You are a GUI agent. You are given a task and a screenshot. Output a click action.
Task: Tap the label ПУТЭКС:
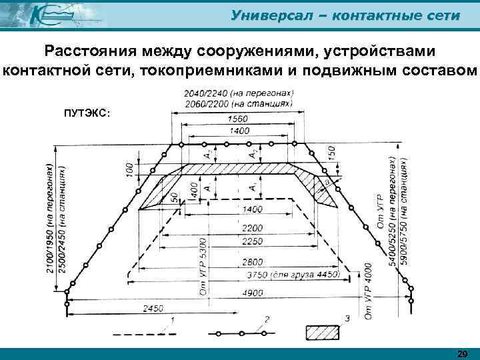87,113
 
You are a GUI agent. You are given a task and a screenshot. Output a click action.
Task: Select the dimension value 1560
239,118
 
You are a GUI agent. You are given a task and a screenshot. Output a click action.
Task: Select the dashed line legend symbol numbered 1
142,333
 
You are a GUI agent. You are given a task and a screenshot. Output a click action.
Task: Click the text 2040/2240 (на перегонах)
237,93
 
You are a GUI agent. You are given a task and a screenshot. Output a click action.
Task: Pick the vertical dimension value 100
129,169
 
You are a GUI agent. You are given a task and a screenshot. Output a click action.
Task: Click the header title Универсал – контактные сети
345,15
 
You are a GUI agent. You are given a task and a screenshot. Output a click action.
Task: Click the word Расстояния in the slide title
87,51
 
